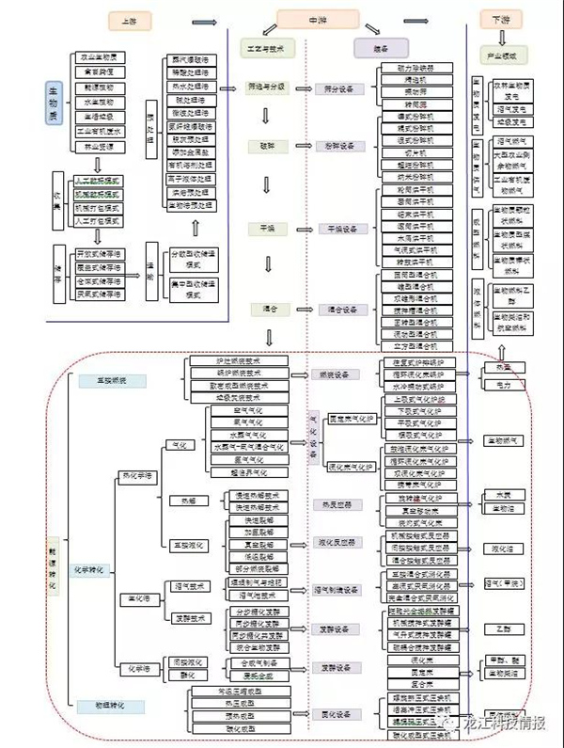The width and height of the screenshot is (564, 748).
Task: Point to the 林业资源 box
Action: pyautogui.click(x=98, y=147)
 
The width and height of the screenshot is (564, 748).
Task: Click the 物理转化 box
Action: pyautogui.click(x=121, y=706)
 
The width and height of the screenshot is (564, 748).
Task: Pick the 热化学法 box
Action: pyautogui.click(x=136, y=476)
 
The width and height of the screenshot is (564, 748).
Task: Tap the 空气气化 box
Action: pyautogui.click(x=248, y=410)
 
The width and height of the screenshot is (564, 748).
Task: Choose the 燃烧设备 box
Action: pyautogui.click(x=332, y=374)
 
